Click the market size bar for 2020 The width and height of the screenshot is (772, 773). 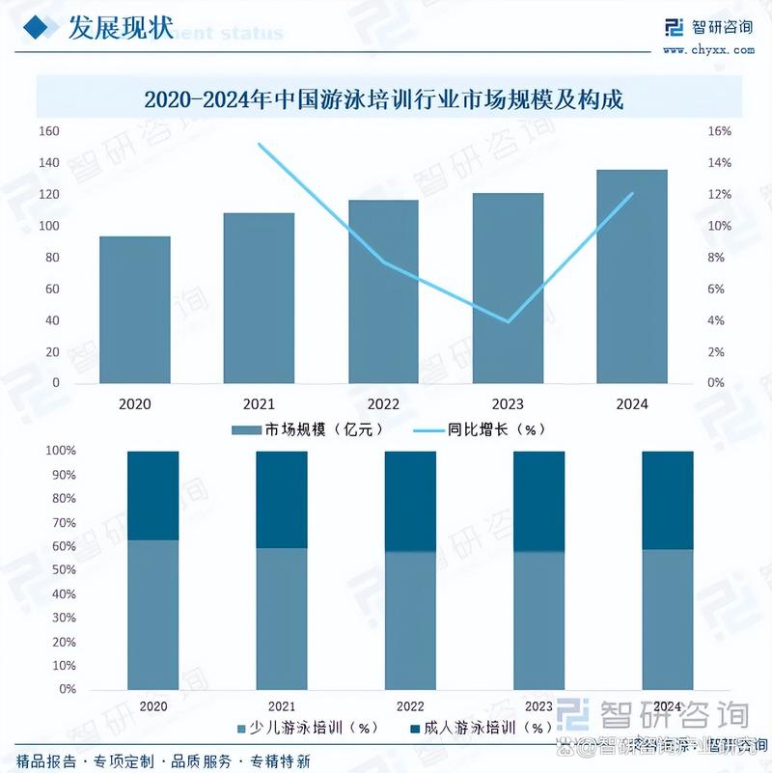pos(135,309)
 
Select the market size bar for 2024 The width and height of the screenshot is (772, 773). pos(632,276)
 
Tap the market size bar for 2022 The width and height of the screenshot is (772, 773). pos(383,291)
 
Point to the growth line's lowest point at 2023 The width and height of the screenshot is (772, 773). pos(508,321)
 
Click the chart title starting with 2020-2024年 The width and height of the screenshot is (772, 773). pos(384,98)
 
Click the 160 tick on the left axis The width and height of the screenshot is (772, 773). pos(48,131)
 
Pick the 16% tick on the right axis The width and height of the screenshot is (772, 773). pos(719,131)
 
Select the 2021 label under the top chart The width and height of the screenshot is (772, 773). pos(259,403)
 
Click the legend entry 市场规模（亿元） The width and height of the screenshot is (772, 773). pos(310,429)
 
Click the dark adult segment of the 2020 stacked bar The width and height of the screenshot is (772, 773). pos(152,495)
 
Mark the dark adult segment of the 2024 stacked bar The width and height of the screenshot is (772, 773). pos(668,500)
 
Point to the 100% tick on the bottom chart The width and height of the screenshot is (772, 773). pos(62,452)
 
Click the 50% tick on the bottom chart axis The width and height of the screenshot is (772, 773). pos(64,570)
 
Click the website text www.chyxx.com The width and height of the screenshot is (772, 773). pos(708,49)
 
